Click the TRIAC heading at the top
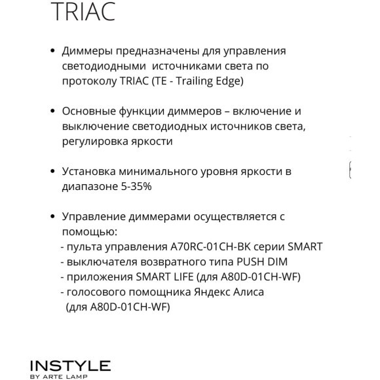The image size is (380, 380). pyautogui.click(x=83, y=12)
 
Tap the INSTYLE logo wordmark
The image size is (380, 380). pyautogui.click(x=70, y=366)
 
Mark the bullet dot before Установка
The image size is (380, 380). pyautogui.click(x=52, y=172)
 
